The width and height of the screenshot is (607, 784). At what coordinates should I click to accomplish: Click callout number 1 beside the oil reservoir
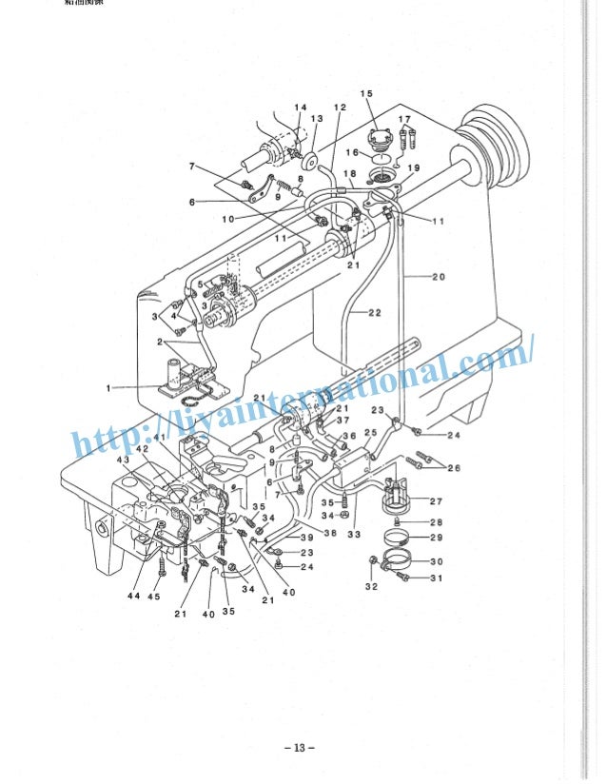[110, 387]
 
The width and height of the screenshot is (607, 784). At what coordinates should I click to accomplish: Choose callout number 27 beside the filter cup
[437, 500]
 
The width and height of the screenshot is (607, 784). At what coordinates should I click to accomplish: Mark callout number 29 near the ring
[437, 539]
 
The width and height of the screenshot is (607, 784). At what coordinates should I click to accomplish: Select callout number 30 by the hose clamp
[437, 561]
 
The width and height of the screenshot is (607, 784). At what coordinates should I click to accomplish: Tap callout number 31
[437, 578]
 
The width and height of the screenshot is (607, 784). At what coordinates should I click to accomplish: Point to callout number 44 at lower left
[135, 596]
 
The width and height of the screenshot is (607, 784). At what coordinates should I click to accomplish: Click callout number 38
[330, 533]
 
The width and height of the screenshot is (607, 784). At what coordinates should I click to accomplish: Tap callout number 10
[228, 218]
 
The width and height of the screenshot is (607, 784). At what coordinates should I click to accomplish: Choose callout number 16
[351, 152]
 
